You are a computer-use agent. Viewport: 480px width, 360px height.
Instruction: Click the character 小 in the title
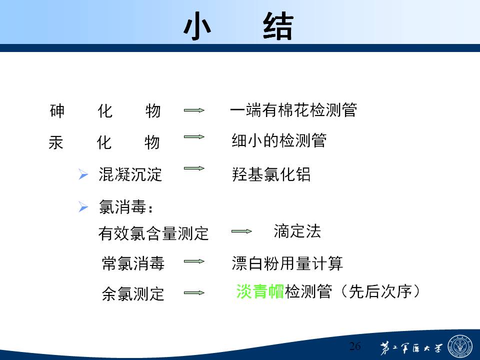tap(197, 26)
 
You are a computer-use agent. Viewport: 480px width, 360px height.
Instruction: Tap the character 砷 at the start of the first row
tap(57, 110)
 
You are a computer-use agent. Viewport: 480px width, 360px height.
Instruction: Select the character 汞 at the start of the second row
tap(56, 142)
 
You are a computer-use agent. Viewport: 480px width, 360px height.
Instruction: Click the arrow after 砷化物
tap(194, 110)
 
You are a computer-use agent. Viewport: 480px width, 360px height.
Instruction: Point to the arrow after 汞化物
tap(194, 137)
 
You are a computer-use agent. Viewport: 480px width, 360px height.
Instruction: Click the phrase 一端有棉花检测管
tap(293, 110)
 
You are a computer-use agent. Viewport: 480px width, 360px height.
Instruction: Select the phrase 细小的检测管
tap(279, 140)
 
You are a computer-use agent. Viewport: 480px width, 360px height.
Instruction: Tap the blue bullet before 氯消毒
tap(83, 207)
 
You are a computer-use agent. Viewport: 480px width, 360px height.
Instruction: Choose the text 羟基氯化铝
tap(271, 174)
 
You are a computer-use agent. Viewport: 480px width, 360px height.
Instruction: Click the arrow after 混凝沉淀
tap(194, 168)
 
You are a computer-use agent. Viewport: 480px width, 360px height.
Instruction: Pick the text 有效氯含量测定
tap(153, 233)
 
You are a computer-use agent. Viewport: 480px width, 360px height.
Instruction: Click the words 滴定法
tap(297, 231)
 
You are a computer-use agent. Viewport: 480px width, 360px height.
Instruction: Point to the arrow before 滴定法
tap(242, 231)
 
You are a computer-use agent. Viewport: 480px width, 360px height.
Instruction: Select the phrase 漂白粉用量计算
tap(287, 263)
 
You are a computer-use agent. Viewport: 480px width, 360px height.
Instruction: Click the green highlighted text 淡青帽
tap(260, 291)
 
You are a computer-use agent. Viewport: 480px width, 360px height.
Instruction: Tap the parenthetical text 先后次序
tap(380, 291)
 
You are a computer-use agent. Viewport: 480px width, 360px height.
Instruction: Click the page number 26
tap(355, 346)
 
